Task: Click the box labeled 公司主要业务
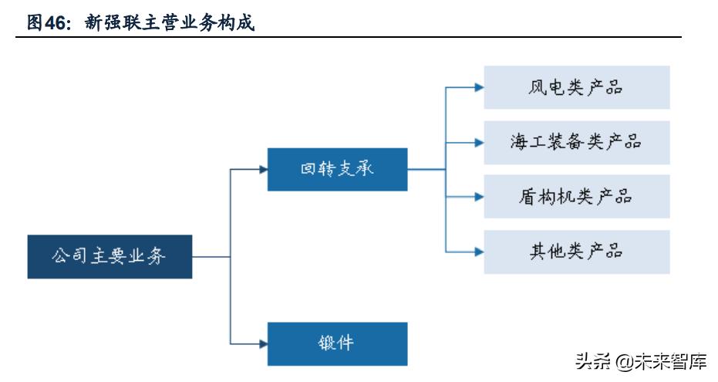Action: pos(110,257)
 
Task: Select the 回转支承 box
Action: pos(337,169)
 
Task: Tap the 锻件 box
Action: pos(337,343)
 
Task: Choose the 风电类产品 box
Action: pos(576,87)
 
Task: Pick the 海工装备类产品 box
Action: pos(576,142)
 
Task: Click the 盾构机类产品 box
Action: pos(576,197)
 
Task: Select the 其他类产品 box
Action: pos(576,252)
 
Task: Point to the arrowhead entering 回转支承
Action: pos(262,169)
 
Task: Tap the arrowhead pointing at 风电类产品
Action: pos(479,87)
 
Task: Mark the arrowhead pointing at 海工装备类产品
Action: pos(479,142)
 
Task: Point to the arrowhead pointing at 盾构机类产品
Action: pos(479,197)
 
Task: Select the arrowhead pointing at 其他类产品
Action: pos(479,252)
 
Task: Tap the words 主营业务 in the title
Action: pos(177,24)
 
